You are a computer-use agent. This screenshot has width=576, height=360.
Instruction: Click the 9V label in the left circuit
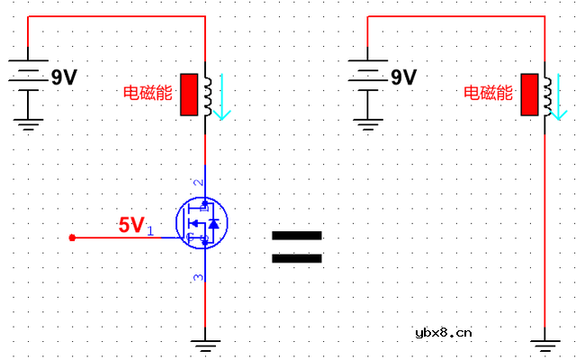coord(64,77)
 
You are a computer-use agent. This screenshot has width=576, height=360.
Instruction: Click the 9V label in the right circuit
coord(404,77)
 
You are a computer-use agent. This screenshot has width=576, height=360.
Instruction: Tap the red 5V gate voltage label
coord(130,224)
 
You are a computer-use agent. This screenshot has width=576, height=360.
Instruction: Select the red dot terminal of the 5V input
coord(72,238)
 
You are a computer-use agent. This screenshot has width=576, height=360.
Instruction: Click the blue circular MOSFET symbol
coord(202,222)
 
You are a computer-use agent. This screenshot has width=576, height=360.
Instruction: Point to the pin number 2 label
coord(198,182)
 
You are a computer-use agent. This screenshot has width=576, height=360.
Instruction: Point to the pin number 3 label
coord(198,277)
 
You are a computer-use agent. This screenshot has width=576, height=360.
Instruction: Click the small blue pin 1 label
coord(150,230)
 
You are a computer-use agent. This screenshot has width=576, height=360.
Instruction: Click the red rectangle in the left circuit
coord(189,94)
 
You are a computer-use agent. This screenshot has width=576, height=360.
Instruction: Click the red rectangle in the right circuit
coord(530,94)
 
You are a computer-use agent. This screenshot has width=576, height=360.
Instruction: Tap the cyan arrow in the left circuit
coord(222,96)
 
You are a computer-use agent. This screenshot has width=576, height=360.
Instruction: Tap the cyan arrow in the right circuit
coord(558,96)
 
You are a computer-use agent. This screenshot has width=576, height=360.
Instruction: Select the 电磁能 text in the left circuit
coord(148,93)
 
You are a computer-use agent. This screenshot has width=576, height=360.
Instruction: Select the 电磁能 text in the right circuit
coord(488,93)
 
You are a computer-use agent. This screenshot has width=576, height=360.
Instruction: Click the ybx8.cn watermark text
coord(444,333)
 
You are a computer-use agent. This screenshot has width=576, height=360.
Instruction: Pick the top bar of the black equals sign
coord(297,236)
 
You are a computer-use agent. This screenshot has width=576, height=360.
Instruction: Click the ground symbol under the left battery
coord(28,124)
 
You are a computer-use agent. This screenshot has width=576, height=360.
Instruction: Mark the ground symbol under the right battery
coord(368,124)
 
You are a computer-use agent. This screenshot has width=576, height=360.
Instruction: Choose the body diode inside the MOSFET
coord(214,223)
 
